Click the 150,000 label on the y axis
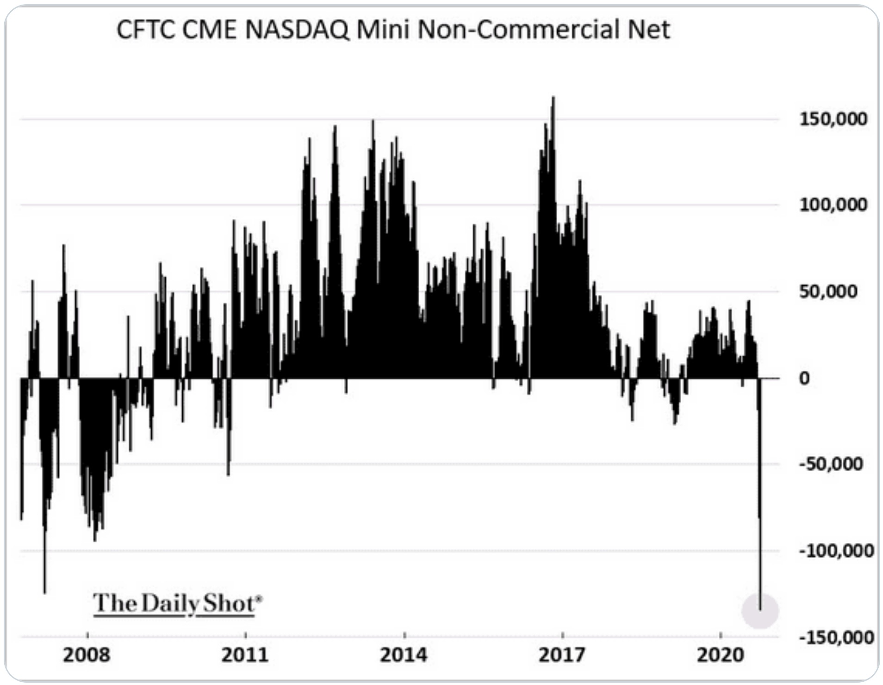833,119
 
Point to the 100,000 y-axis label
833,205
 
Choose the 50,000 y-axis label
828,292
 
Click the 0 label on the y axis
804,378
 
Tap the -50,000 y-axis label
831,464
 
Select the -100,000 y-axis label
836,551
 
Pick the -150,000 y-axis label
836,637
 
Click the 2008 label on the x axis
87,655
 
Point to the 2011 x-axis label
245,655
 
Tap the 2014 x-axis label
404,655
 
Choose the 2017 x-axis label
562,655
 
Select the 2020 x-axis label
720,655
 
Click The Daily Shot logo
177,604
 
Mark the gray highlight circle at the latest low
760,611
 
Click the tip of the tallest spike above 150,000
553,98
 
